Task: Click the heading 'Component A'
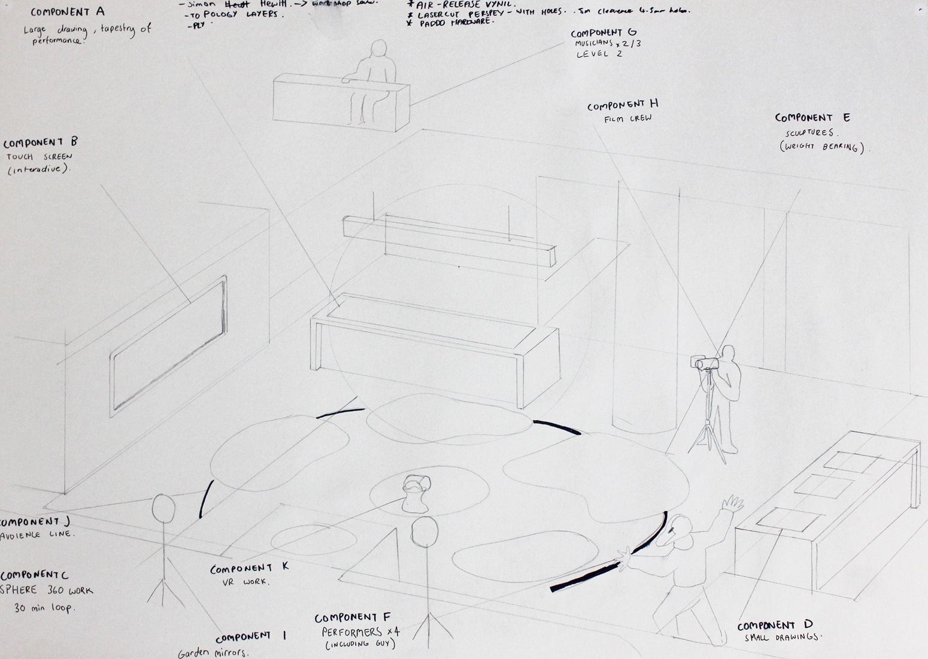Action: [68, 11]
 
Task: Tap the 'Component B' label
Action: [40, 144]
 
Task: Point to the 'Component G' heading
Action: [603, 34]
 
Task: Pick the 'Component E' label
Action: [812, 118]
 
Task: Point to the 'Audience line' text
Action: [37, 534]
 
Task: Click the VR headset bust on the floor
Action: [415, 494]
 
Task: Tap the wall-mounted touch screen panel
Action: [168, 347]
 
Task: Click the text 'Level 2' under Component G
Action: [599, 54]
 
